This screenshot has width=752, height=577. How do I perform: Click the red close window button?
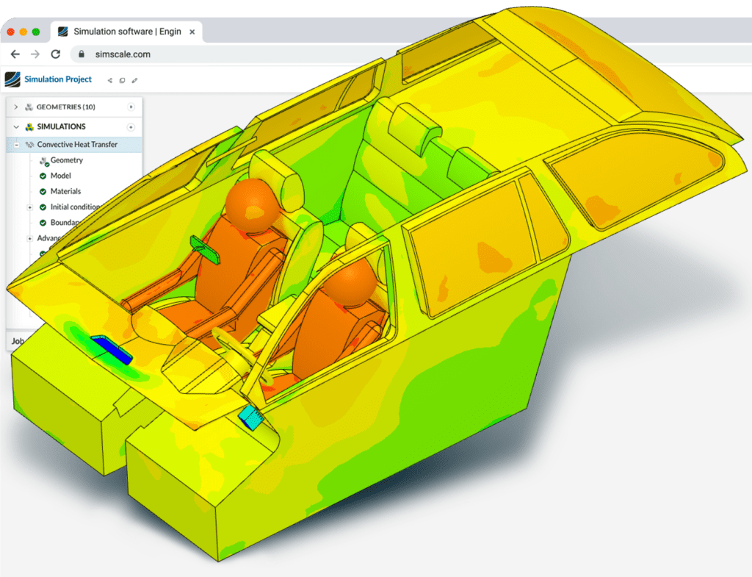tap(10, 32)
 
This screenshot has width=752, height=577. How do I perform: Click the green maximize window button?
tap(35, 32)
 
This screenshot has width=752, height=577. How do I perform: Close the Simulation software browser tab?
tap(192, 32)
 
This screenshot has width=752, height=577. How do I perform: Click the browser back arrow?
tap(15, 54)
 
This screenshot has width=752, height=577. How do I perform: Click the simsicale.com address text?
tap(123, 54)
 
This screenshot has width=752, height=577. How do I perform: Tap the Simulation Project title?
tap(58, 79)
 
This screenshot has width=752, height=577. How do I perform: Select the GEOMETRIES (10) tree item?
tap(65, 107)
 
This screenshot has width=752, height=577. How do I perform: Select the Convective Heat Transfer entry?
tap(77, 145)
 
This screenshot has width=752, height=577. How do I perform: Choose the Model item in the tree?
tap(60, 176)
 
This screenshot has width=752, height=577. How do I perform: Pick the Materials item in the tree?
tap(65, 191)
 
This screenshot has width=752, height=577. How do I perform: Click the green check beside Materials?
tap(43, 192)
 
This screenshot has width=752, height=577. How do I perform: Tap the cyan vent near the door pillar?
tap(253, 417)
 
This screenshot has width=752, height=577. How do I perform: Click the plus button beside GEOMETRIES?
tap(131, 107)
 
